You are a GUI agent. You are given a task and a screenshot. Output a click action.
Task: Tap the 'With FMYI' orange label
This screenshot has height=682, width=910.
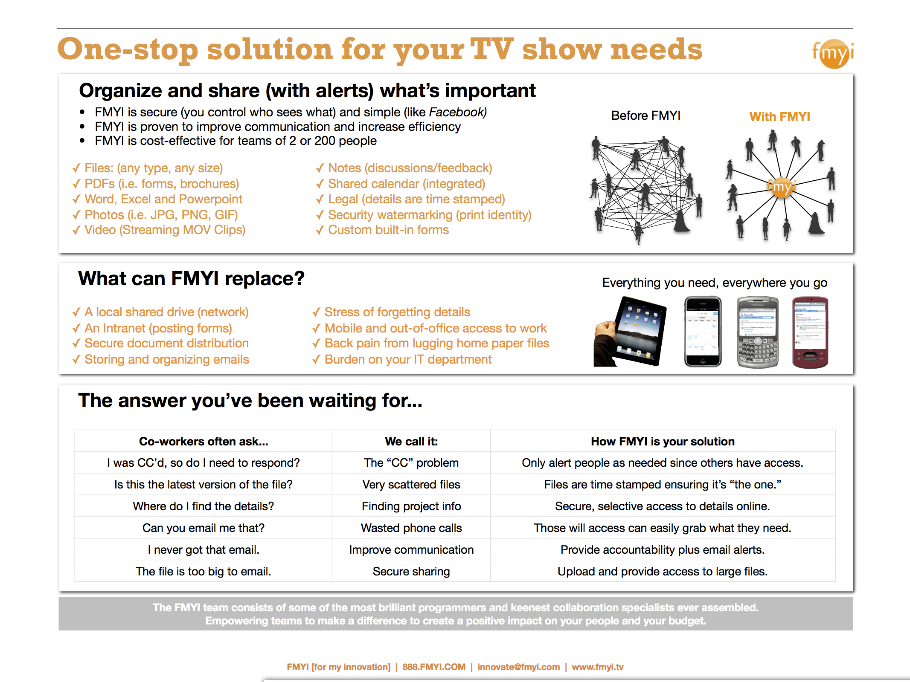779,117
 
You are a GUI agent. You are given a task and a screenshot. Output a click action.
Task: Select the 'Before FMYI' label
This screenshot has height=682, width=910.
645,116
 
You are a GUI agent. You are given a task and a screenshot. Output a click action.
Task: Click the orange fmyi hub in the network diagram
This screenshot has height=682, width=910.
782,188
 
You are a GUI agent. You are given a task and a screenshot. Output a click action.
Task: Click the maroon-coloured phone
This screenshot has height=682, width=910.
810,332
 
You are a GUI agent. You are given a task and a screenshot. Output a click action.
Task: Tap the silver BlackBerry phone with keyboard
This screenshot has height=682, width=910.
757,332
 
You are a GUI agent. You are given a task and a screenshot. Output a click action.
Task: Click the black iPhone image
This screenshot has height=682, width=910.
703,332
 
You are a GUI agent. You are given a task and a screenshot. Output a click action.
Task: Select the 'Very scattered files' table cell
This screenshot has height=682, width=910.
411,485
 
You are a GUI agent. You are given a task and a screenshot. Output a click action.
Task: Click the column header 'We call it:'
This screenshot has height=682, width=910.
411,442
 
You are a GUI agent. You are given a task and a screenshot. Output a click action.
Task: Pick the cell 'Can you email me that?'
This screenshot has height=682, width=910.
204,528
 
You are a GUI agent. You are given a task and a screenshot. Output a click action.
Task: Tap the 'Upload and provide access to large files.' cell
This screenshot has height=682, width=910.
662,572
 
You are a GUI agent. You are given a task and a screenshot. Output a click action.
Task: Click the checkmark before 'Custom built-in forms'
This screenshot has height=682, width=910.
320,231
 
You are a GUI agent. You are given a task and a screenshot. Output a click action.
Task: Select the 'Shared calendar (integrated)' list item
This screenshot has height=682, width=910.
406,184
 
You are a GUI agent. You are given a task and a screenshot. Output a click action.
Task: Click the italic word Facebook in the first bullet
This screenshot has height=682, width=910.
457,112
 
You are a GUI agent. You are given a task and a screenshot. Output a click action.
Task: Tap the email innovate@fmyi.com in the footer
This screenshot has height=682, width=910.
518,667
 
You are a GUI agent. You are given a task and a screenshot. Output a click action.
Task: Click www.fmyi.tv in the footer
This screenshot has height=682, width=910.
597,667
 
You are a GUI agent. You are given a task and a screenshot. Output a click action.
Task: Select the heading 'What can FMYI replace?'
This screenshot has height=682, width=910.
191,279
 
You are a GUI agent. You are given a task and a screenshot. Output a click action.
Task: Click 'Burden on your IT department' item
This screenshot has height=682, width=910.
408,359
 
